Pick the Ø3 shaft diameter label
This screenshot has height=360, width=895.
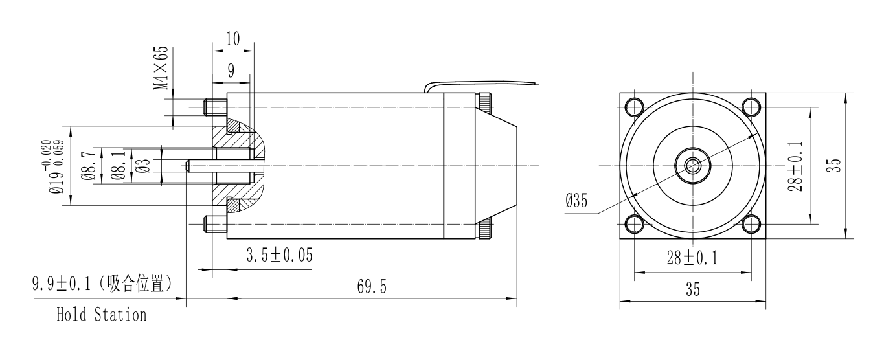(144, 166)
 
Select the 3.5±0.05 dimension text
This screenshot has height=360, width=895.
(278, 256)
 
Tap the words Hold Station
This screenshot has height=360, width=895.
(101, 316)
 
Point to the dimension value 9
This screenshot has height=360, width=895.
(231, 70)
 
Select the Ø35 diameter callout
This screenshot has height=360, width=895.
(576, 201)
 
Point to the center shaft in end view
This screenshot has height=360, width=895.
(692, 165)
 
